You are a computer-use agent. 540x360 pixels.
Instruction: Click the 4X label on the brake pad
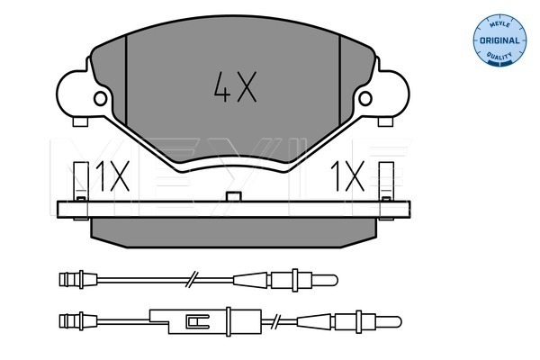click(235, 86)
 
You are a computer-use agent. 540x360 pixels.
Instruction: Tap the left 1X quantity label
click(112, 176)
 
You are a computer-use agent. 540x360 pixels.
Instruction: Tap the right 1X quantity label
click(347, 176)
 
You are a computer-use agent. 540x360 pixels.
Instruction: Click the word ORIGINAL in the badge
click(499, 40)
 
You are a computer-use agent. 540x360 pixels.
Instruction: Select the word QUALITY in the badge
click(499, 56)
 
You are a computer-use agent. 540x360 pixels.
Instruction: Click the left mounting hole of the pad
click(100, 99)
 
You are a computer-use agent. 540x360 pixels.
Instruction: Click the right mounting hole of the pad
click(365, 99)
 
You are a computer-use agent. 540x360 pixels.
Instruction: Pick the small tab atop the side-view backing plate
click(233, 197)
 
